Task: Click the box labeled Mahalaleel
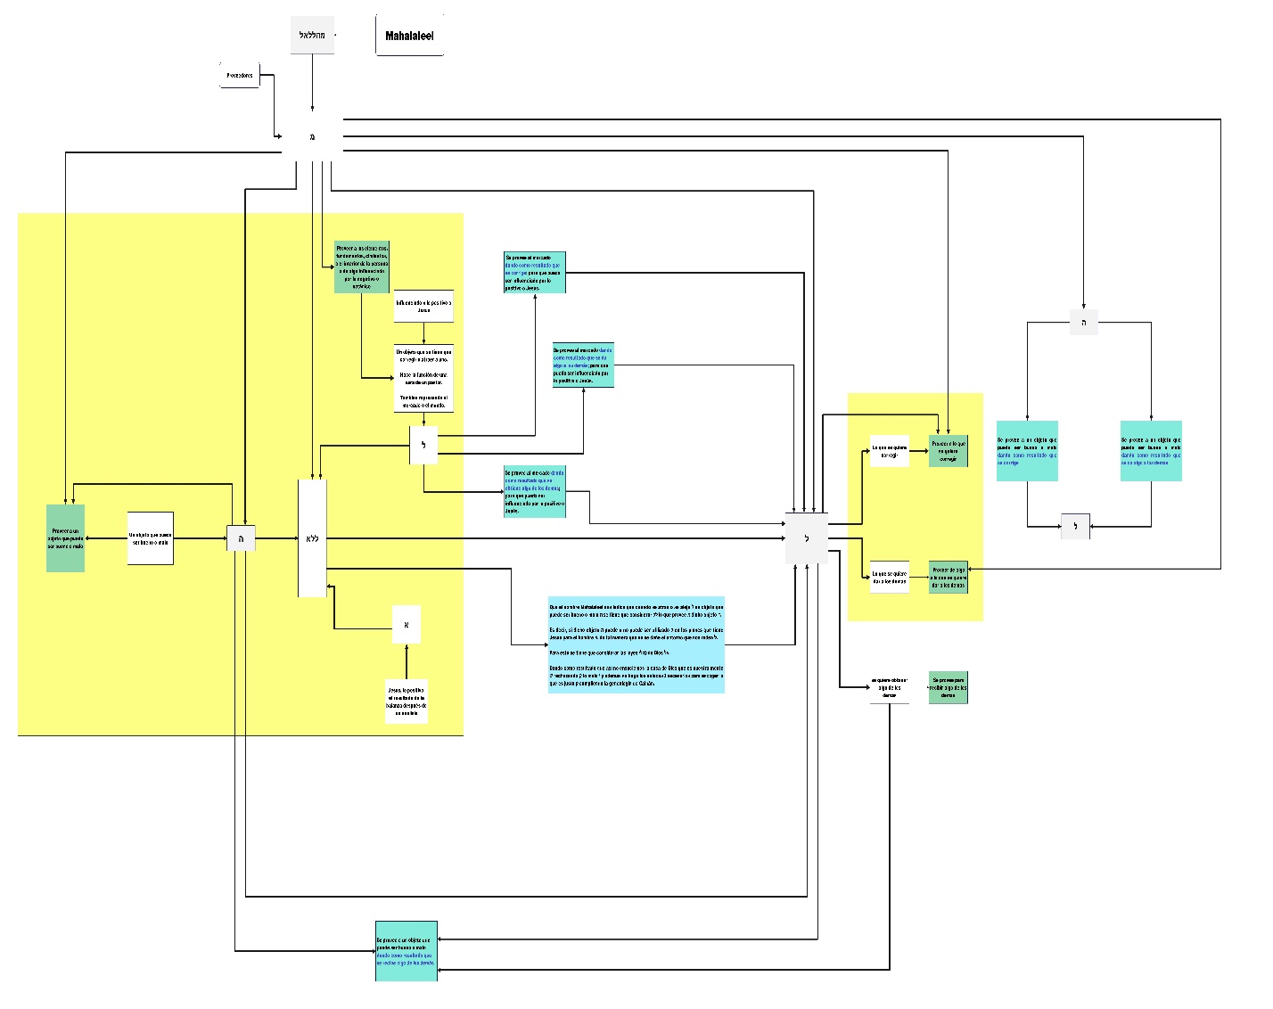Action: (x=409, y=36)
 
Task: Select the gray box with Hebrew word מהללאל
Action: (x=312, y=35)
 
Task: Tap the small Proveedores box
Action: (x=239, y=76)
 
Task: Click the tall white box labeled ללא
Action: (x=312, y=538)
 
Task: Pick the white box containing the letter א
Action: (x=406, y=625)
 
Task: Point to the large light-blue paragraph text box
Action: (x=636, y=644)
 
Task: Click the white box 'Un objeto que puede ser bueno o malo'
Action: (x=150, y=538)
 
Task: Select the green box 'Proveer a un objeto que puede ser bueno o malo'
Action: (x=65, y=538)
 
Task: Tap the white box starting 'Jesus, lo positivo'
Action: (x=406, y=701)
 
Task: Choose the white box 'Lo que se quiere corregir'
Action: (x=889, y=451)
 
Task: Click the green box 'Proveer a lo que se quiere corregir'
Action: (x=948, y=451)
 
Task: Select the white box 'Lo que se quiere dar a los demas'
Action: (x=889, y=578)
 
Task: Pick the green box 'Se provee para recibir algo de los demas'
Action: (x=948, y=687)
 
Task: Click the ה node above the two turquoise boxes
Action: (x=1083, y=323)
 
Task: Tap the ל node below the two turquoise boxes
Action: (x=1075, y=526)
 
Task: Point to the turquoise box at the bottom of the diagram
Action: (x=407, y=951)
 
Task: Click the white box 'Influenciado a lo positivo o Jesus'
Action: (x=423, y=307)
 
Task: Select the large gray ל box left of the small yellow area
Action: (x=807, y=538)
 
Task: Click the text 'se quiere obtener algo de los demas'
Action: (x=889, y=687)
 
